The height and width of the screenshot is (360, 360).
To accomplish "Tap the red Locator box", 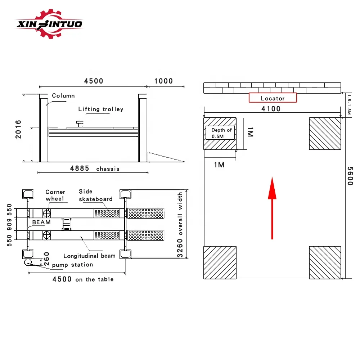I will (273, 98).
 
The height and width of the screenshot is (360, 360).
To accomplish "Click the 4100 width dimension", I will (271, 109).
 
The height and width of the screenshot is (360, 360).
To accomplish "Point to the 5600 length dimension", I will (350, 175).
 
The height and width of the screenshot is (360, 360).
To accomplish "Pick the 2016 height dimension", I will (18, 130).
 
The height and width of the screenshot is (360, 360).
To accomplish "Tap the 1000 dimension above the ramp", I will (163, 81).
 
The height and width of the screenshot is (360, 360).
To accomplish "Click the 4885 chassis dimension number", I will (80, 168).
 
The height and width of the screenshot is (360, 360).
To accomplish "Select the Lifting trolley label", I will (101, 109).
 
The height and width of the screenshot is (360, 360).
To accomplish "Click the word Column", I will (63, 96).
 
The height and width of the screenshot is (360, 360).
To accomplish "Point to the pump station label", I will (72, 265).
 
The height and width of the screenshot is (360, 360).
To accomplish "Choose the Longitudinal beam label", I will (89, 256).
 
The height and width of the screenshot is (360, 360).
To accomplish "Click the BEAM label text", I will (41, 222).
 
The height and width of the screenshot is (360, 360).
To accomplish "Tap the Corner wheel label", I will (55, 195).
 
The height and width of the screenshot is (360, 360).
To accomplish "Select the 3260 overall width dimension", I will (180, 225).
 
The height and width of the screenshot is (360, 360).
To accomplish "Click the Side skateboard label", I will (95, 195).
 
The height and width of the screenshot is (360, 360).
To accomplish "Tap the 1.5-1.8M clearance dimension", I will (348, 105).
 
